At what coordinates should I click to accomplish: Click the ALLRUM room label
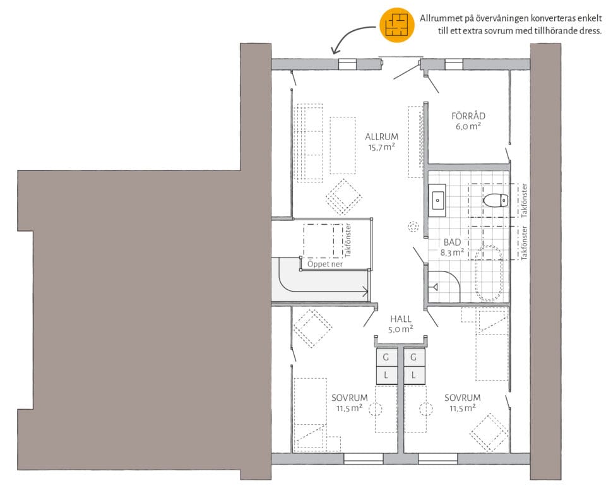(x=381, y=137)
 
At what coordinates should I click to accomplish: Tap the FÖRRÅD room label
(x=468, y=116)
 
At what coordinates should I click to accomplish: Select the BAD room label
(x=452, y=242)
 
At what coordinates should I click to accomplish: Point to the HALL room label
(x=401, y=319)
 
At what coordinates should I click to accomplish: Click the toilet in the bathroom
(x=496, y=201)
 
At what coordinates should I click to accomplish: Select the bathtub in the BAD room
(x=489, y=273)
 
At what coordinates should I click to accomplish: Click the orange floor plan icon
(x=397, y=25)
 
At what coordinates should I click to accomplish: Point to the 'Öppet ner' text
(x=325, y=264)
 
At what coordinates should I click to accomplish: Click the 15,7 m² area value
(x=381, y=147)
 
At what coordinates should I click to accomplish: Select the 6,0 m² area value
(x=468, y=126)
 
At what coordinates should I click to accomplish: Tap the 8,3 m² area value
(x=452, y=252)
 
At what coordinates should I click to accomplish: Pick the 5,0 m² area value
(x=401, y=329)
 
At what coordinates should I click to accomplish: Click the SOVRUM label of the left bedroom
(x=349, y=398)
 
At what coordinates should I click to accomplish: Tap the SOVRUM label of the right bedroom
(x=462, y=398)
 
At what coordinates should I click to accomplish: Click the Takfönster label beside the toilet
(x=524, y=201)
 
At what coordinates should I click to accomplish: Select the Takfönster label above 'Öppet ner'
(x=348, y=241)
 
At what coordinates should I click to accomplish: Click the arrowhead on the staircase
(x=365, y=291)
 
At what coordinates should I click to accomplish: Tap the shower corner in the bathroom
(x=444, y=287)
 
